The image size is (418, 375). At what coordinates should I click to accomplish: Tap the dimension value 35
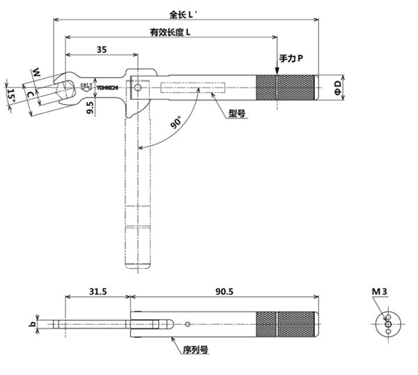(102, 49)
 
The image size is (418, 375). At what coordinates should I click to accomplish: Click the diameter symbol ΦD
(337, 87)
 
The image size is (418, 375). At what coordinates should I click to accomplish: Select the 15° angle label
(11, 95)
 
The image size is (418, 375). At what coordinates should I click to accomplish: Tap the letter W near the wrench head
(36, 72)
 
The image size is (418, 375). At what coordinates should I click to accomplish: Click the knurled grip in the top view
(287, 87)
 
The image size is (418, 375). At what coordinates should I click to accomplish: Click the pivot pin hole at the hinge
(139, 88)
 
